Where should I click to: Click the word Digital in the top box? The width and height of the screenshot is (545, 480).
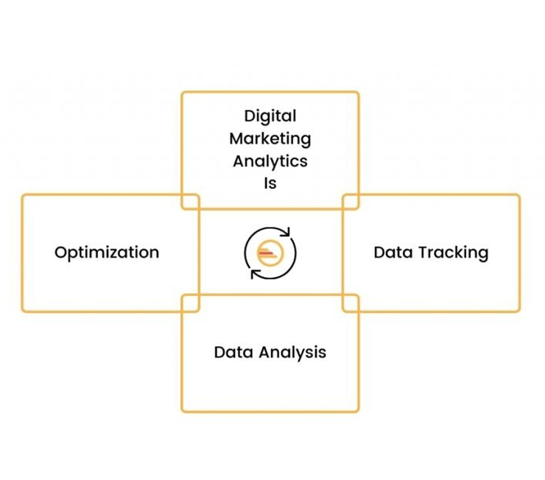pos(270,116)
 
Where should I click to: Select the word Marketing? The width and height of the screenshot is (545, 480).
pos(270,138)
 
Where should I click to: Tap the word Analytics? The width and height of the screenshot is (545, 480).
pos(270,160)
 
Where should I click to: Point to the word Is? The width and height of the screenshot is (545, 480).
pos(270,183)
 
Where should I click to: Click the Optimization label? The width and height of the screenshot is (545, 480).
pos(107,253)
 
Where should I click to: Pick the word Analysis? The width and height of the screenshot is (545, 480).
pos(290,352)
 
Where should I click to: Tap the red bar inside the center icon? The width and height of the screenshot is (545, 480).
pos(265,253)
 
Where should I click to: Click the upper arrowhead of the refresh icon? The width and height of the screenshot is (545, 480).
pos(286,233)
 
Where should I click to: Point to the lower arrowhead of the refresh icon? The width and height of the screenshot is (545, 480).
pos(255,274)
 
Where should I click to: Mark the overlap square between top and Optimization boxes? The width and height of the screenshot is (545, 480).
pos(190,202)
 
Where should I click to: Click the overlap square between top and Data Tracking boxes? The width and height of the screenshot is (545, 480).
pos(351,202)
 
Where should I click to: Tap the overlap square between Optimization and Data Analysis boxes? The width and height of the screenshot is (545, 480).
pos(190,303)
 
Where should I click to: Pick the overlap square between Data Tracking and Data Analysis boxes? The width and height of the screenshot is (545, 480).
pos(351,303)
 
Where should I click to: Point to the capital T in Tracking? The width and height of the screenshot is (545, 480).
pos(423,253)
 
